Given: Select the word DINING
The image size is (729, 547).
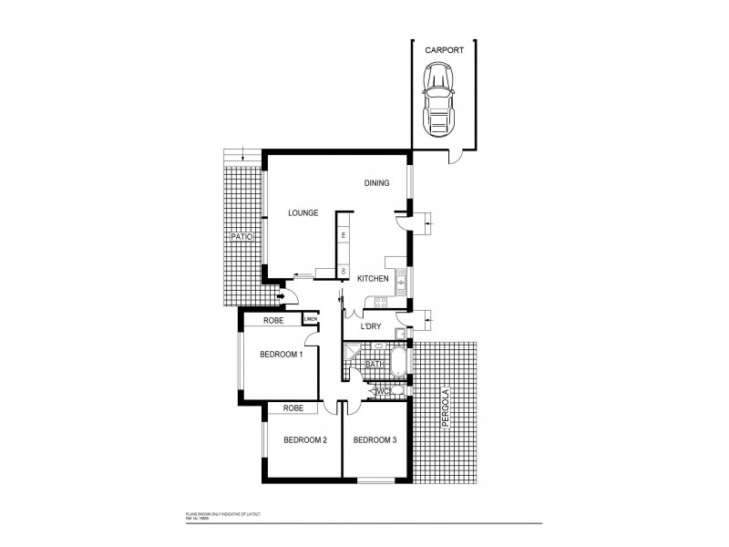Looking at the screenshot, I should pyautogui.click(x=376, y=183).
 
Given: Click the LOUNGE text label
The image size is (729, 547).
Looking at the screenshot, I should pyautogui.click(x=303, y=212).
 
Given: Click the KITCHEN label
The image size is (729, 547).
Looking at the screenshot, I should pyautogui.click(x=374, y=278).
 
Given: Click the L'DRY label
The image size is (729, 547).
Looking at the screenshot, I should pyautogui.click(x=370, y=326).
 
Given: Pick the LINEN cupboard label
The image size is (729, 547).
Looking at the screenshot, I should pyautogui.click(x=311, y=319).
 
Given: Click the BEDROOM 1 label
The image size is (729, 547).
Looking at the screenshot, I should pyautogui.click(x=282, y=354).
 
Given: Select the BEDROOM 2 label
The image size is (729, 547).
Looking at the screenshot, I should pyautogui.click(x=305, y=439).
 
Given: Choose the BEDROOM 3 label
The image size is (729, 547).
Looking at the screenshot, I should pyautogui.click(x=375, y=439).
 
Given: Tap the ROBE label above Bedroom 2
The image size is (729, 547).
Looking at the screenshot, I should pyautogui.click(x=293, y=408).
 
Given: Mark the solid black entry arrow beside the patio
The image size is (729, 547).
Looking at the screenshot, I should pyautogui.click(x=282, y=295).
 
